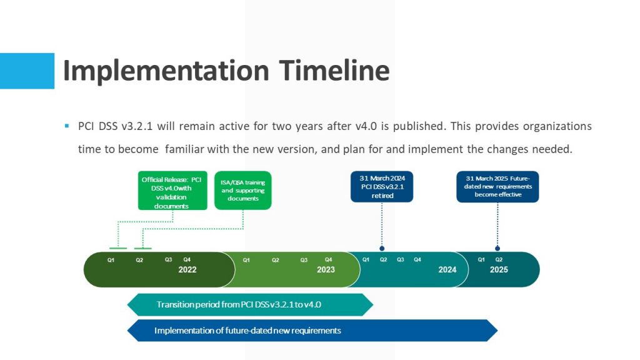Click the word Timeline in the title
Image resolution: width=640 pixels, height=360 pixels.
pyautogui.click(x=335, y=70)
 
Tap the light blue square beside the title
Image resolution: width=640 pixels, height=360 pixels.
pyautogui.click(x=27, y=71)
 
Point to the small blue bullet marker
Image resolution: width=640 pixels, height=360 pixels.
pyautogui.click(x=67, y=126)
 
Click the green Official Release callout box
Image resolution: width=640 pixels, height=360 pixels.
pyautogui.click(x=172, y=191)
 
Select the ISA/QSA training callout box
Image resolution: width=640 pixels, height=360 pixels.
pyautogui.click(x=243, y=191)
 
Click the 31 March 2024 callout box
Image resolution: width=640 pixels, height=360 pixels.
pyautogui.click(x=382, y=186)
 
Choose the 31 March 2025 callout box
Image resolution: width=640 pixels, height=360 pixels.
pyautogui.click(x=497, y=186)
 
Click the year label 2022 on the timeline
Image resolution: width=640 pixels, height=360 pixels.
pyautogui.click(x=187, y=270)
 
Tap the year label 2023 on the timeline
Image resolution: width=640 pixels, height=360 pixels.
pyautogui.click(x=326, y=270)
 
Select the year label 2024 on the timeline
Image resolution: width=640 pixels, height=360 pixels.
pyautogui.click(x=447, y=270)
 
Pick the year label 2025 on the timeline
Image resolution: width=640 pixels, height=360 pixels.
pyautogui.click(x=499, y=270)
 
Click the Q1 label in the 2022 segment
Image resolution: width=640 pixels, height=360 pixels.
pyautogui.click(x=111, y=260)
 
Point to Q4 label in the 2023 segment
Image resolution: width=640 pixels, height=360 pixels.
pyautogui.click(x=329, y=259)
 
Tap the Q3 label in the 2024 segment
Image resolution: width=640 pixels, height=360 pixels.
pyautogui.click(x=401, y=259)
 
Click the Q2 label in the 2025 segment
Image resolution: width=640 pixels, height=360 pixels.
pyautogui.click(x=499, y=259)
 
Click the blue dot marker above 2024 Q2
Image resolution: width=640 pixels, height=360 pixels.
pyautogui.click(x=382, y=248)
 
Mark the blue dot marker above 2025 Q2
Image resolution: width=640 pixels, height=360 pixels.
pyautogui.click(x=497, y=248)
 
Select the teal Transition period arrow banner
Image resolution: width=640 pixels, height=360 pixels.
pyautogui.click(x=250, y=304)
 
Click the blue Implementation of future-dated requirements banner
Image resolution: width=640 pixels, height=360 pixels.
pyautogui.click(x=312, y=330)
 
